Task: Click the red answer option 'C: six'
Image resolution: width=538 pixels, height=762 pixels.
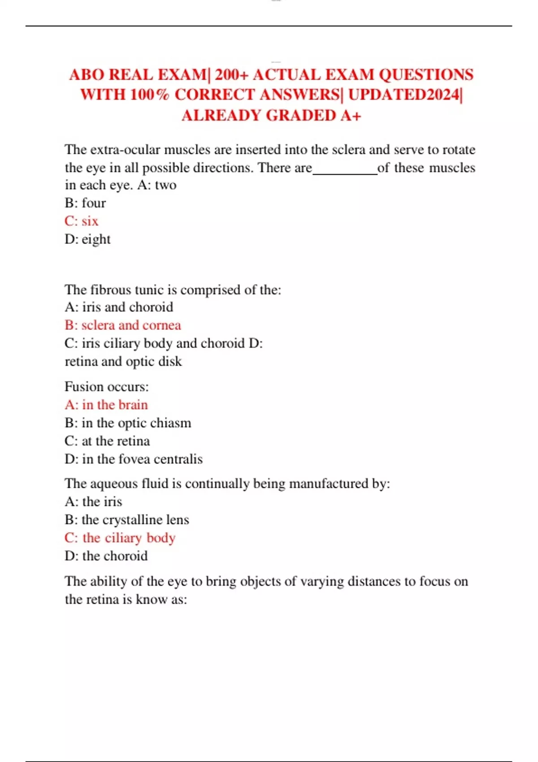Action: pyautogui.click(x=81, y=221)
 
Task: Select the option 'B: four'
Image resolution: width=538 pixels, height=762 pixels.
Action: pyautogui.click(x=85, y=203)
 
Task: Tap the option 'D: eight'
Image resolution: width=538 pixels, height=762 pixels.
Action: pyautogui.click(x=87, y=239)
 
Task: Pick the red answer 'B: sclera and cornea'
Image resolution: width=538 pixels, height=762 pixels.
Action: pyautogui.click(x=123, y=325)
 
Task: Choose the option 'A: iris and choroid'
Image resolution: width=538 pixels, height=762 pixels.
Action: pyautogui.click(x=119, y=307)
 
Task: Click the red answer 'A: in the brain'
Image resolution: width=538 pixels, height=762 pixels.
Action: pyautogui.click(x=106, y=405)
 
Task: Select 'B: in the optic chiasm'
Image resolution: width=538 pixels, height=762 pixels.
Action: pyautogui.click(x=128, y=423)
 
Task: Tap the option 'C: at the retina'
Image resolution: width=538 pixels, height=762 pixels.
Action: pyautogui.click(x=107, y=441)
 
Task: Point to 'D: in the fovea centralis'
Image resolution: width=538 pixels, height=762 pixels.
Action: pyautogui.click(x=134, y=459)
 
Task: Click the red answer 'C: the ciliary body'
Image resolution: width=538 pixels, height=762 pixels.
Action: pyautogui.click(x=120, y=537)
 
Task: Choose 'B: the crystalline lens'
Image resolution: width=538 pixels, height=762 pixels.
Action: pyautogui.click(x=127, y=520)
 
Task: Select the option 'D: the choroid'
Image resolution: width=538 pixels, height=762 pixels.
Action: pyautogui.click(x=106, y=556)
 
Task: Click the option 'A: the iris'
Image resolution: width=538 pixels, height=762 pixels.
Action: pyautogui.click(x=93, y=502)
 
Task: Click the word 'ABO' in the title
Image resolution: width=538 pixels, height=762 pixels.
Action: pyautogui.click(x=86, y=74)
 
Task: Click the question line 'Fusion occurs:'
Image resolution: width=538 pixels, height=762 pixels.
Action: pyautogui.click(x=107, y=386)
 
